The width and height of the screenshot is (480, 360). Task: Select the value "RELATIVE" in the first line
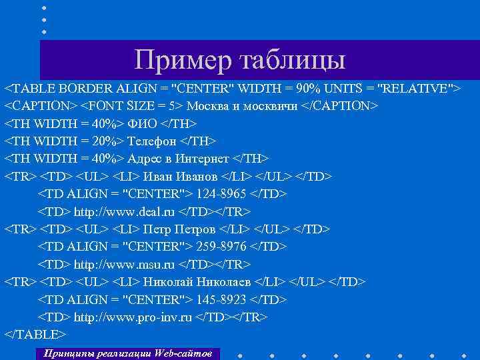point(417,89)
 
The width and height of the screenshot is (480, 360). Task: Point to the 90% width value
point(312,89)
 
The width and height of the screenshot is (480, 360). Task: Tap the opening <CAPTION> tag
point(41,107)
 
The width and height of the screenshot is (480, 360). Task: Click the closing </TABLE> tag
point(35,334)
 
